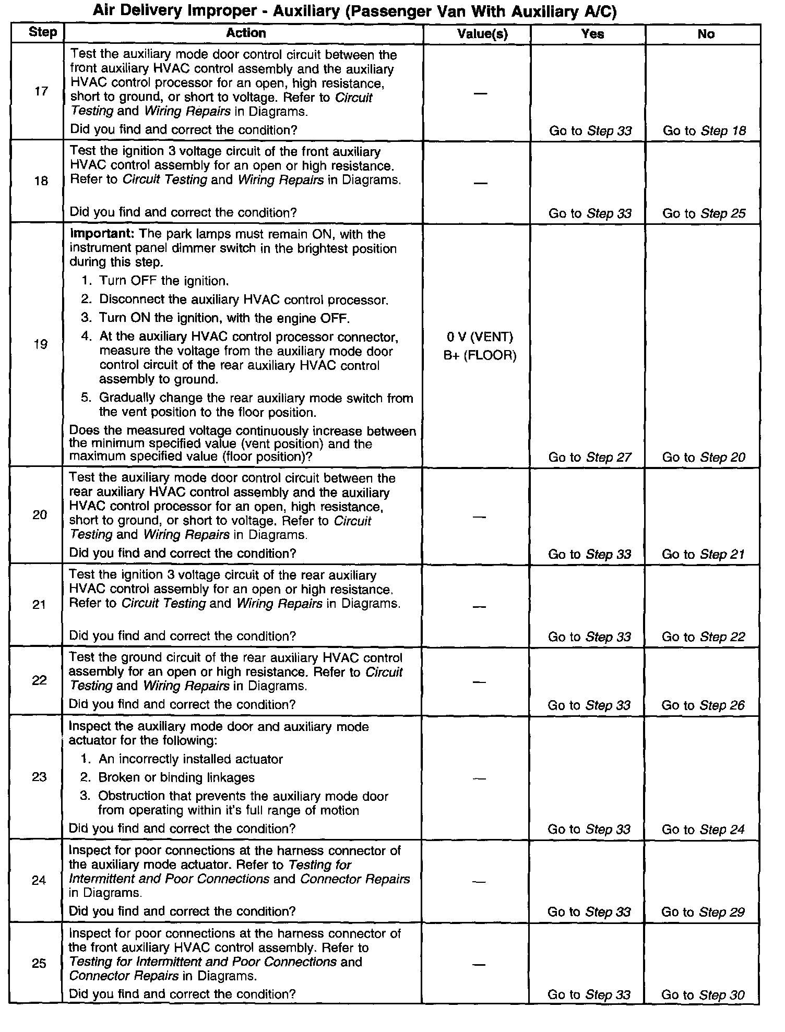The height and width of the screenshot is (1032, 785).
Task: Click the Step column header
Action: (42, 32)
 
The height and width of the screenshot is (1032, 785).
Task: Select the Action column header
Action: (246, 33)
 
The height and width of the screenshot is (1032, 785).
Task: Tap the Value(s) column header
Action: (482, 34)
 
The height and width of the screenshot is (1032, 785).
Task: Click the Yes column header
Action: (592, 34)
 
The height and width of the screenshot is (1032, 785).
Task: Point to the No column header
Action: (706, 34)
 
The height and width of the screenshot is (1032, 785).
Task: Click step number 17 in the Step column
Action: (41, 92)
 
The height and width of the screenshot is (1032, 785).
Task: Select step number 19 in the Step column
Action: (40, 344)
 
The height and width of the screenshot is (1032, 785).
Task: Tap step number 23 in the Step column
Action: (39, 777)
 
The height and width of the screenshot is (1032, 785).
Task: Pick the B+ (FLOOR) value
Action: (480, 356)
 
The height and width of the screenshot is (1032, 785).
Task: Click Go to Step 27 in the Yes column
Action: (590, 458)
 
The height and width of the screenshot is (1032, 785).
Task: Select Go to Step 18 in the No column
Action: (704, 130)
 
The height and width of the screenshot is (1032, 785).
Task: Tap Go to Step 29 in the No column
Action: (703, 912)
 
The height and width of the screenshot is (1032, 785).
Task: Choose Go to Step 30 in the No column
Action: (703, 995)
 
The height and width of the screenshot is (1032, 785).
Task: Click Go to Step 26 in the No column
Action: (703, 705)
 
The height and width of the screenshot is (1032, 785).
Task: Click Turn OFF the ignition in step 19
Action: (164, 281)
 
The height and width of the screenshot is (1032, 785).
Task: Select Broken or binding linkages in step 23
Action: (176, 777)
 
